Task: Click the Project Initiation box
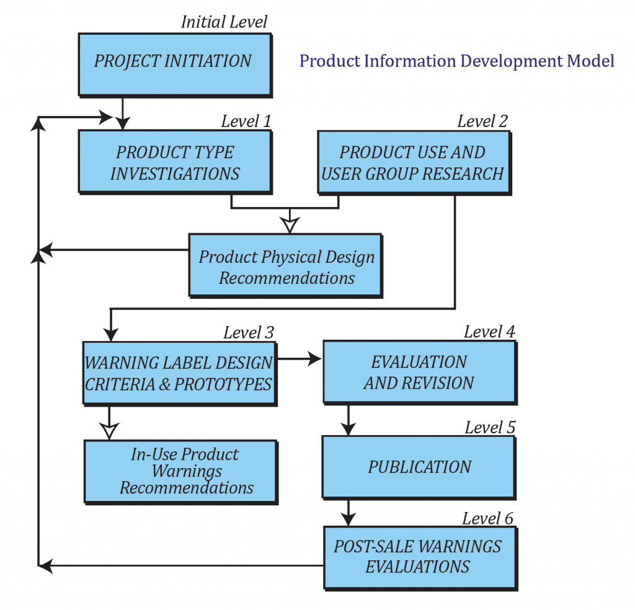174,62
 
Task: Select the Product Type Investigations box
174,162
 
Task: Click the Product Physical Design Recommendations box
285,267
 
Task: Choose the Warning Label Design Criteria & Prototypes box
179,373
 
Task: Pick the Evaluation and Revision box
419,372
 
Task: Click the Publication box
419,467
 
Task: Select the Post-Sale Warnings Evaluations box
419,556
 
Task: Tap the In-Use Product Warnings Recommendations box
180,471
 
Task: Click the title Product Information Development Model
457,61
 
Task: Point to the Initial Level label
224,22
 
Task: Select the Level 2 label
482,121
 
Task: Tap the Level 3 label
249,332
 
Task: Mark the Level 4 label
489,332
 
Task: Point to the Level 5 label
490,427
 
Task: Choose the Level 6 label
488,518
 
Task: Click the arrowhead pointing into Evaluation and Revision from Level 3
314,358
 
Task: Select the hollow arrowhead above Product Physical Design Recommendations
288,224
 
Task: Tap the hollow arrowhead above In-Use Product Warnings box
110,431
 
